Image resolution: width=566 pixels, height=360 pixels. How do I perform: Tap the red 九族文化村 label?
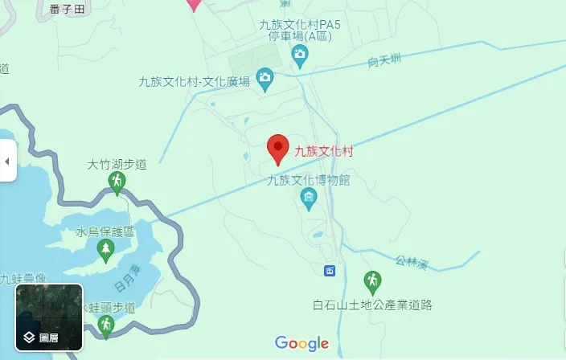tap(324, 151)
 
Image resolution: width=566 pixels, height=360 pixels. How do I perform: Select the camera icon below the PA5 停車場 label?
tap(300, 56)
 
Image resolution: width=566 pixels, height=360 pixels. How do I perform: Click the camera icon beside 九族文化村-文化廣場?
tap(265, 79)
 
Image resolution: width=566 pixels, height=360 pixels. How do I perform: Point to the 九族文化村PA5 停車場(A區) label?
tap(300, 31)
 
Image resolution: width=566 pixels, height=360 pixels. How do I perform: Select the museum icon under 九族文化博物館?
tap(308, 198)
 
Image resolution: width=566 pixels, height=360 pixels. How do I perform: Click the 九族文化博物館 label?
tap(309, 180)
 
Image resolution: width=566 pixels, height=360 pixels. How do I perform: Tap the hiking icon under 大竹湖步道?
tap(117, 184)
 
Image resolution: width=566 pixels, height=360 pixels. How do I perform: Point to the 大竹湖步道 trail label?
tap(117, 165)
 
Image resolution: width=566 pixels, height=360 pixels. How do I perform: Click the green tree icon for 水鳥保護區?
tap(105, 251)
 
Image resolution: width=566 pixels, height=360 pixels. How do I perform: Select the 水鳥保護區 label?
tap(105, 232)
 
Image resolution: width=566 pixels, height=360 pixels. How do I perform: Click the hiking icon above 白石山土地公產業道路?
tap(371, 282)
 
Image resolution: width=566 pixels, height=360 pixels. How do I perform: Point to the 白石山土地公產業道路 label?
tap(373, 305)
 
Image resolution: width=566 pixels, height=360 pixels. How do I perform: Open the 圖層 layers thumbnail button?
tap(49, 317)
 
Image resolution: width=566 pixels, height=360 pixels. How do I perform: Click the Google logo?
tap(302, 344)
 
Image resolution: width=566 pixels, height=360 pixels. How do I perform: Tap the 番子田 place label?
tap(66, 7)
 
